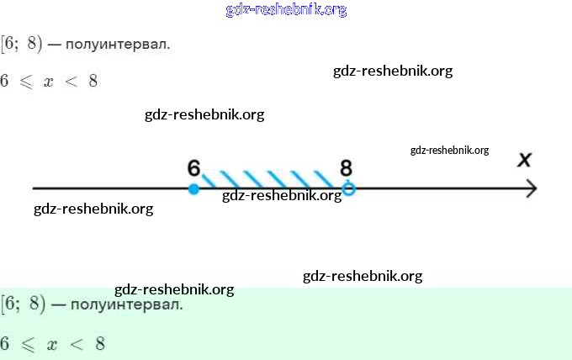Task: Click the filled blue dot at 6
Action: (x=194, y=189)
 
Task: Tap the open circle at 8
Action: (x=349, y=189)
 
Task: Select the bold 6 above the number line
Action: (x=194, y=167)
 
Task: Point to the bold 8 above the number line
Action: (x=346, y=167)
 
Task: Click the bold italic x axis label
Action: (x=525, y=160)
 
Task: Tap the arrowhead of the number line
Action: (x=532, y=189)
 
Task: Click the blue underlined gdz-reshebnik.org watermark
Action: (x=286, y=10)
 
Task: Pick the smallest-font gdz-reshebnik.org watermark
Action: (x=449, y=151)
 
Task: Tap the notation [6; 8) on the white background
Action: (x=22, y=43)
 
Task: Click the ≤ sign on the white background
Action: (x=29, y=82)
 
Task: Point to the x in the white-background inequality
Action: (x=49, y=82)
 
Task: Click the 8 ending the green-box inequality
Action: (x=100, y=344)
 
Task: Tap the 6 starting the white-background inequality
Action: (x=5, y=82)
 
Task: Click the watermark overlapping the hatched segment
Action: (x=282, y=196)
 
